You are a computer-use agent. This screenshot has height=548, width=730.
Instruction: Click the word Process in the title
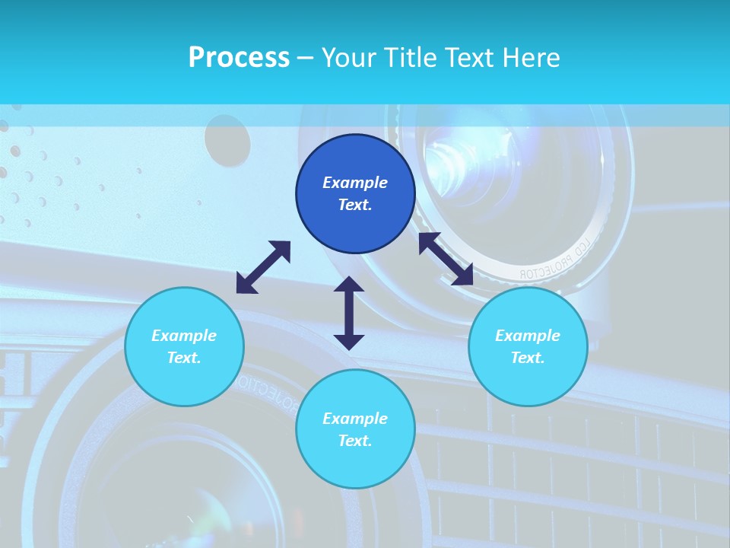(x=239, y=58)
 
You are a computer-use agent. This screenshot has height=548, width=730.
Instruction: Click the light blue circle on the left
(x=184, y=346)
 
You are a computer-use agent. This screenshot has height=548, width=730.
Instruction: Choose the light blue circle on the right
(x=527, y=346)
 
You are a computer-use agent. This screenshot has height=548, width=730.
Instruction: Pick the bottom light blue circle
(x=355, y=429)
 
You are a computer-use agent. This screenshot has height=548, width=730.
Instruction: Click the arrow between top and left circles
(x=263, y=267)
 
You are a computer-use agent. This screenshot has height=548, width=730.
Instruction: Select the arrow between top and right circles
(x=446, y=259)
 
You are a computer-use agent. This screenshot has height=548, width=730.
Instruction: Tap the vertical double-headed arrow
(x=349, y=313)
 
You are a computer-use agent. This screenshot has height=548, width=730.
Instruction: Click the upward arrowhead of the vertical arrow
(x=349, y=284)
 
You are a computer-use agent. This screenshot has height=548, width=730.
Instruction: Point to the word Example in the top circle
(x=355, y=183)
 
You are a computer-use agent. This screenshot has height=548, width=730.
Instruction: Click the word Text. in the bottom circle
(x=355, y=441)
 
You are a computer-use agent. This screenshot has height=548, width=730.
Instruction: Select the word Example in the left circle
(x=184, y=336)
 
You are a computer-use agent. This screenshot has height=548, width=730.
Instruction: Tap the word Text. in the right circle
(x=527, y=358)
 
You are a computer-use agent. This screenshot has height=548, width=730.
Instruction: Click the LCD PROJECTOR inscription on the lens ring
(x=554, y=261)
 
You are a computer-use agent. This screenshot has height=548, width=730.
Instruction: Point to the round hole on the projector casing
(x=227, y=140)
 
